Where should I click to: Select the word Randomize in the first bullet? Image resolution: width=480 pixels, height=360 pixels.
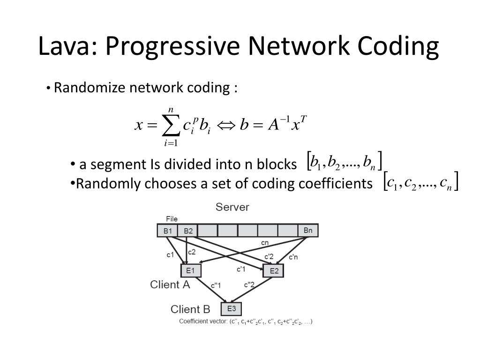click(90, 88)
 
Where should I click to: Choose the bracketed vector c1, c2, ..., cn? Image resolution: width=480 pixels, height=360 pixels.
click(420, 181)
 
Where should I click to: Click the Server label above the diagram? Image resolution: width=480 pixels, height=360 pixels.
click(232, 207)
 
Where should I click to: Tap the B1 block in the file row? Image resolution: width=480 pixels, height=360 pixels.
click(167, 231)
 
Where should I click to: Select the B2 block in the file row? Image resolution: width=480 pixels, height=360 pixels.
click(188, 231)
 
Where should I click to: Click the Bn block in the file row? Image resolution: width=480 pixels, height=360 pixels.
click(308, 230)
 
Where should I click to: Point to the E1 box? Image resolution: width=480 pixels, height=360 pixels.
click(190, 270)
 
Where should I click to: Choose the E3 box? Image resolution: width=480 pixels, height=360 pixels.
click(232, 309)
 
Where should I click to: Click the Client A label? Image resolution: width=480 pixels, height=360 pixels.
click(170, 285)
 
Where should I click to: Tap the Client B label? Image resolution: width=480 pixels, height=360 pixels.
click(190, 309)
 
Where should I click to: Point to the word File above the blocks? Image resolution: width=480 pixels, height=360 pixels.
click(172, 219)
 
